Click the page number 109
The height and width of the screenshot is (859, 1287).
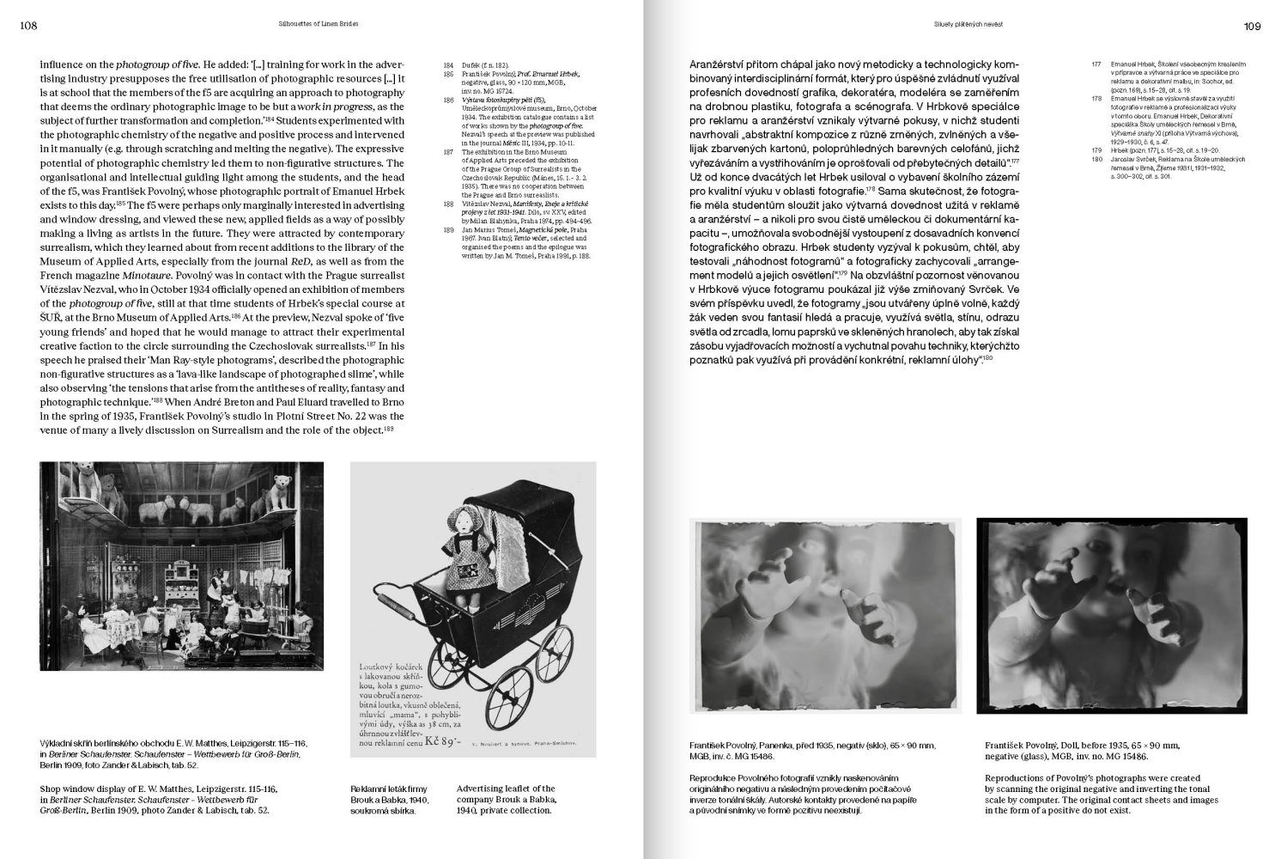point(1252,26)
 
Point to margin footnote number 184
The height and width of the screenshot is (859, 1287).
point(447,65)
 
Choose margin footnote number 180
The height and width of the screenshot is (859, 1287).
point(1093,159)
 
